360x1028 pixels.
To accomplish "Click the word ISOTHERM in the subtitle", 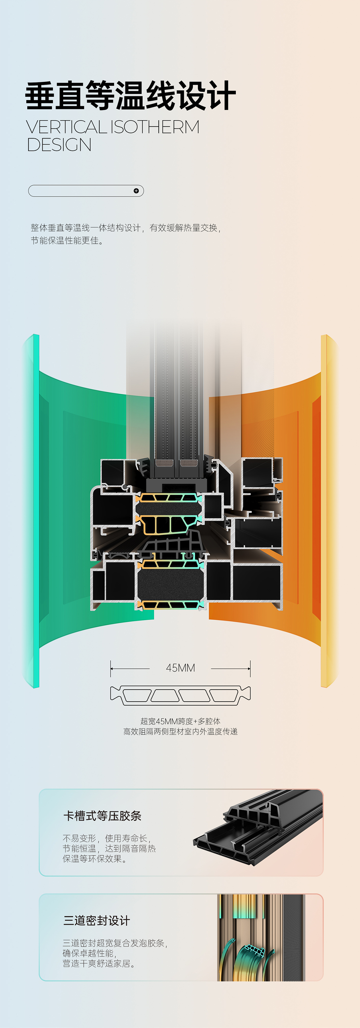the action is [154, 127].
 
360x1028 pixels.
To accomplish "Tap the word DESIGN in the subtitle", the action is [59, 145].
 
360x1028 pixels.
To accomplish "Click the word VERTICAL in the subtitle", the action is [66, 127].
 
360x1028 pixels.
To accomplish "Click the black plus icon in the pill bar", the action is [136, 191].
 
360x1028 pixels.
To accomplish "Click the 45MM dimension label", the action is [180, 668].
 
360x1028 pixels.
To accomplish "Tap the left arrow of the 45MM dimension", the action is [130, 668].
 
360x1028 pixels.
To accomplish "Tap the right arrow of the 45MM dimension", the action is [231, 668].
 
